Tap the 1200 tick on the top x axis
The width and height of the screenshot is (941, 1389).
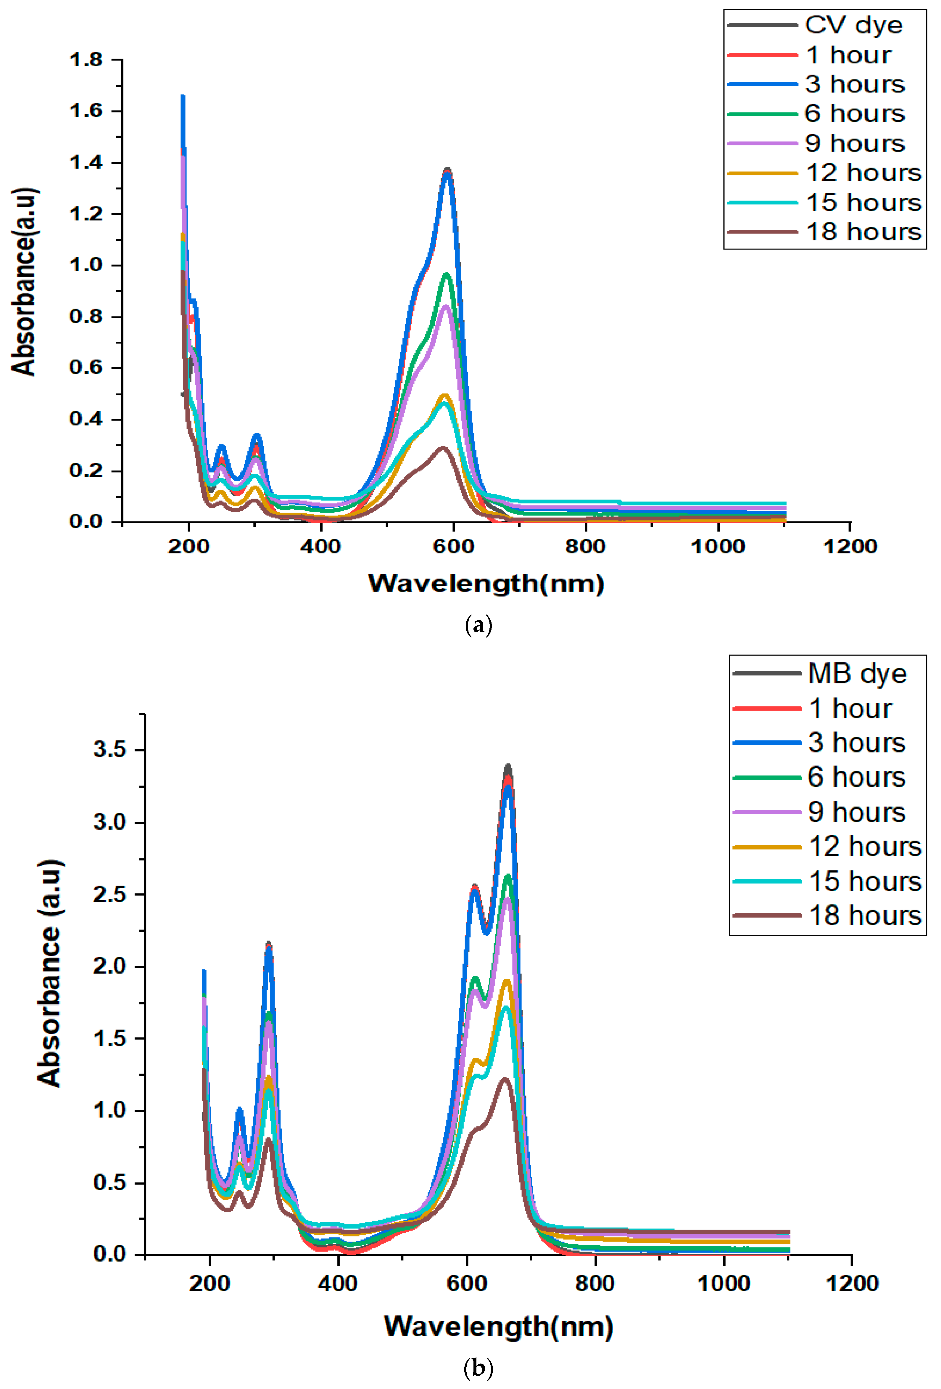(850, 546)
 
